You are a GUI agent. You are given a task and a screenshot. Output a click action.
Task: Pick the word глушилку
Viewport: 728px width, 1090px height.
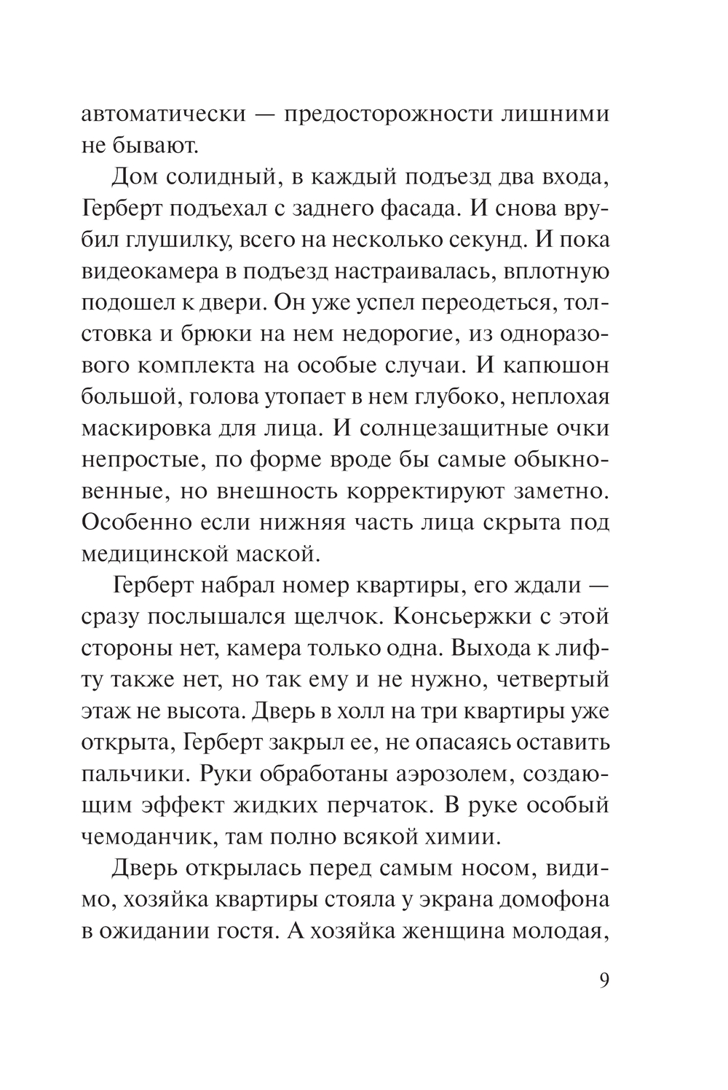(x=175, y=240)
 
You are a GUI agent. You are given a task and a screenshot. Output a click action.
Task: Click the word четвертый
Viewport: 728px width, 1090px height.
(x=553, y=679)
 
